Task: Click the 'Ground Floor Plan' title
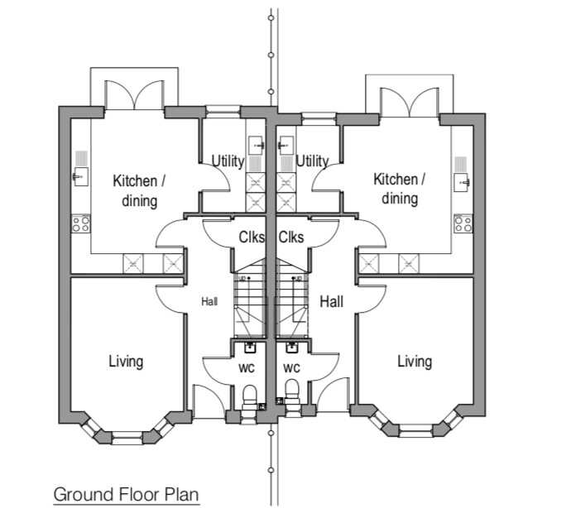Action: pyautogui.click(x=127, y=494)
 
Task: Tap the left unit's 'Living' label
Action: pyautogui.click(x=126, y=362)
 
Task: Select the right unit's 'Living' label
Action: pyautogui.click(x=415, y=362)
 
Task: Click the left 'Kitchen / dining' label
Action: pyautogui.click(x=139, y=191)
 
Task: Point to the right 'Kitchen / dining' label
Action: pyautogui.click(x=400, y=189)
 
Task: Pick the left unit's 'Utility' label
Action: pyautogui.click(x=228, y=161)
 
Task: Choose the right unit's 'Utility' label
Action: pyautogui.click(x=312, y=161)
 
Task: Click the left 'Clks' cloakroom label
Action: pyautogui.click(x=252, y=237)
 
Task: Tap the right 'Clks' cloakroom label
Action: pyautogui.click(x=291, y=237)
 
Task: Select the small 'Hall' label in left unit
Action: pyautogui.click(x=209, y=301)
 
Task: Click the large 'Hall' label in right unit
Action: pyautogui.click(x=331, y=301)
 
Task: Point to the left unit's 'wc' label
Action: pyautogui.click(x=247, y=368)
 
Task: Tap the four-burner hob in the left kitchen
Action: pyautogui.click(x=81, y=223)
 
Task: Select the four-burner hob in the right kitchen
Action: pyautogui.click(x=463, y=223)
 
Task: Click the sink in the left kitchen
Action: pyautogui.click(x=81, y=176)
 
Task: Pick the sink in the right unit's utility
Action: pyautogui.click(x=286, y=146)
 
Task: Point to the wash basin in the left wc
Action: pyautogui.click(x=250, y=347)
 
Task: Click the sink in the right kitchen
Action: pyautogui.click(x=462, y=182)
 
